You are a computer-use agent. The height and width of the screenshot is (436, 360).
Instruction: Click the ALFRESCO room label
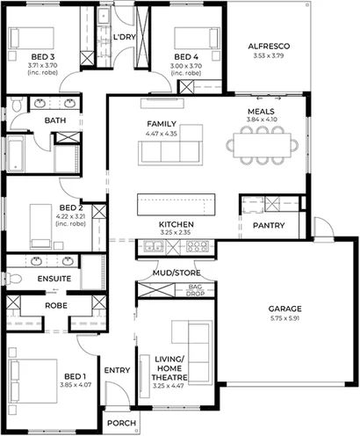(x=269, y=45)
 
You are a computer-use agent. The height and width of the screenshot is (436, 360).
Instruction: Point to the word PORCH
(x=119, y=423)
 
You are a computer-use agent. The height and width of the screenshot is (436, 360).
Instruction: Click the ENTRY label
(x=117, y=370)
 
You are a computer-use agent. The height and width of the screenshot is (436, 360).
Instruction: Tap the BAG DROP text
(x=195, y=291)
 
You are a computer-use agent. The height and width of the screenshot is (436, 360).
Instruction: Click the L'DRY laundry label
(x=124, y=38)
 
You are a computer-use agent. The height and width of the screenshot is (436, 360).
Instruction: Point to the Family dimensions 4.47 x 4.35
(x=162, y=133)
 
